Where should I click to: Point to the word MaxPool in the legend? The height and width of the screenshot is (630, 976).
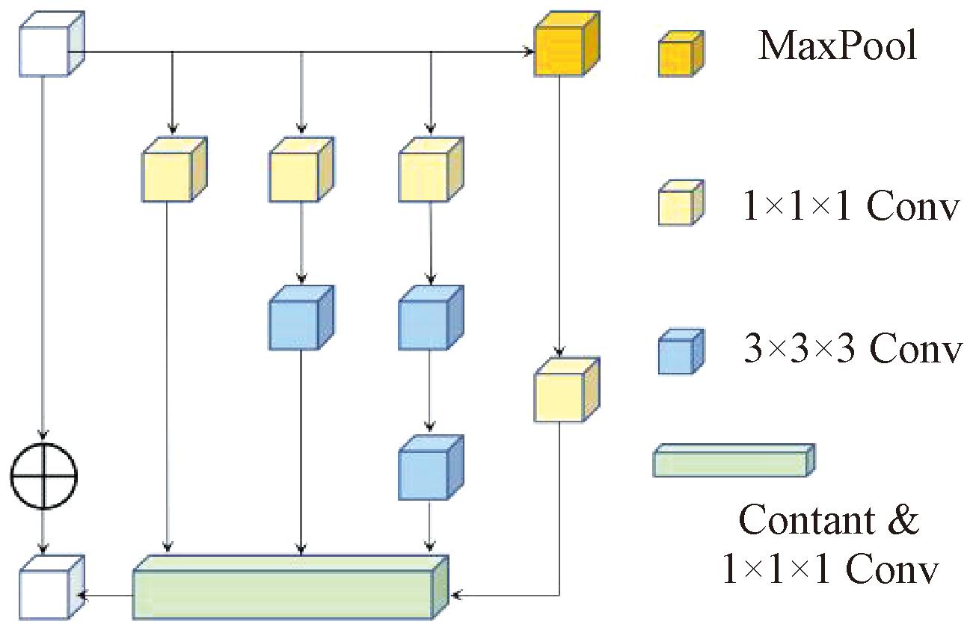(x=838, y=46)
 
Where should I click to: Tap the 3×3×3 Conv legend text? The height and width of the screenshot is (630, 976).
(x=851, y=350)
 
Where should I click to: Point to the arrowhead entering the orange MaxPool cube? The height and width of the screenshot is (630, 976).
(x=529, y=52)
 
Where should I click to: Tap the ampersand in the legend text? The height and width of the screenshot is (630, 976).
(x=903, y=520)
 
